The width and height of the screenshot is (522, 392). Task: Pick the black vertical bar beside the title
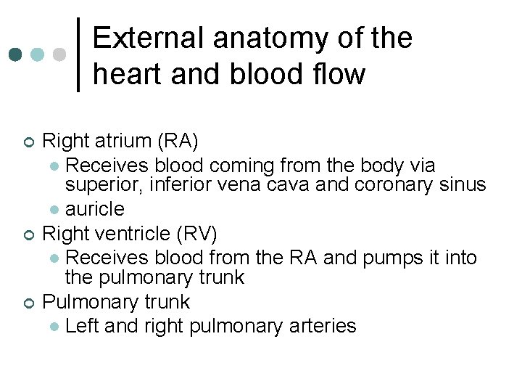(x=79, y=54)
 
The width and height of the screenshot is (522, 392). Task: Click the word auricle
(x=94, y=210)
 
